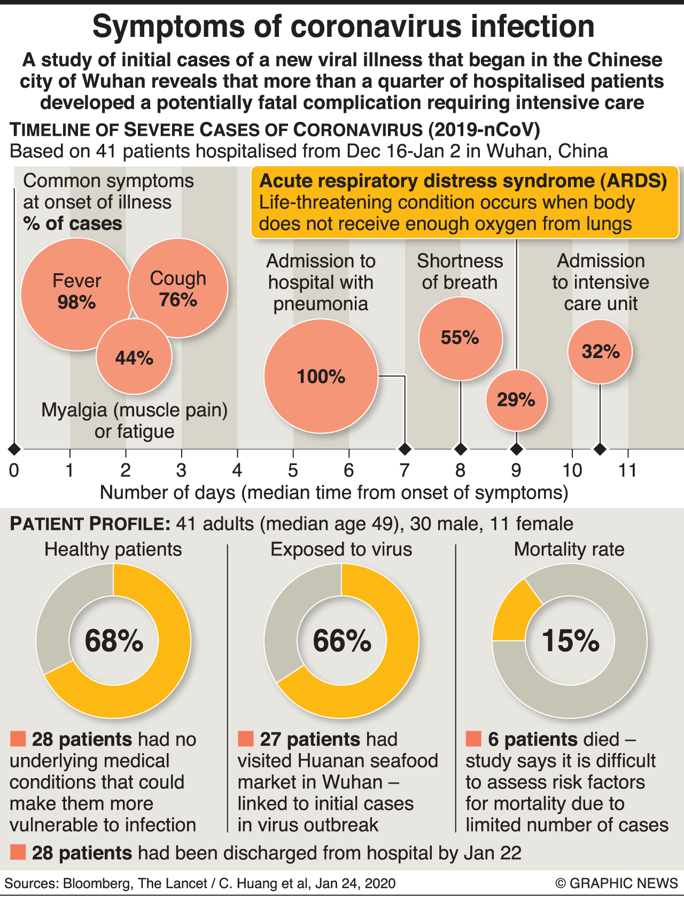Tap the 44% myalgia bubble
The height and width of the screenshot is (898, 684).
pyautogui.click(x=134, y=358)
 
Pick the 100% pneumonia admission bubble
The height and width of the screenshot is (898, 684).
pyautogui.click(x=321, y=376)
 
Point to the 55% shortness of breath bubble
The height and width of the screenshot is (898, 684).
pyautogui.click(x=460, y=338)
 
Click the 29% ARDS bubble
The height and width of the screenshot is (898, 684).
pyautogui.click(x=516, y=400)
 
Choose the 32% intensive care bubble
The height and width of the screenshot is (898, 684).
pyautogui.click(x=600, y=352)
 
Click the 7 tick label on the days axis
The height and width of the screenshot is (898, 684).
pyautogui.click(x=405, y=470)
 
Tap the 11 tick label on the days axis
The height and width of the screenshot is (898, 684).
pyautogui.click(x=627, y=470)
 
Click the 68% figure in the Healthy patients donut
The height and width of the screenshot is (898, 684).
pyautogui.click(x=114, y=640)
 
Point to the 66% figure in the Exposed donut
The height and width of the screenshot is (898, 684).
pyautogui.click(x=342, y=640)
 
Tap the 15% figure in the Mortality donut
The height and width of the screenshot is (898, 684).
pyautogui.click(x=570, y=640)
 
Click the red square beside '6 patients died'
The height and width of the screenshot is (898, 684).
pyautogui.click(x=473, y=739)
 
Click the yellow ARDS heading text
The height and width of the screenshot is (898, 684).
pyautogui.click(x=463, y=181)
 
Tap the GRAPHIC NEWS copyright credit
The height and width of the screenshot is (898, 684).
pyautogui.click(x=617, y=883)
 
